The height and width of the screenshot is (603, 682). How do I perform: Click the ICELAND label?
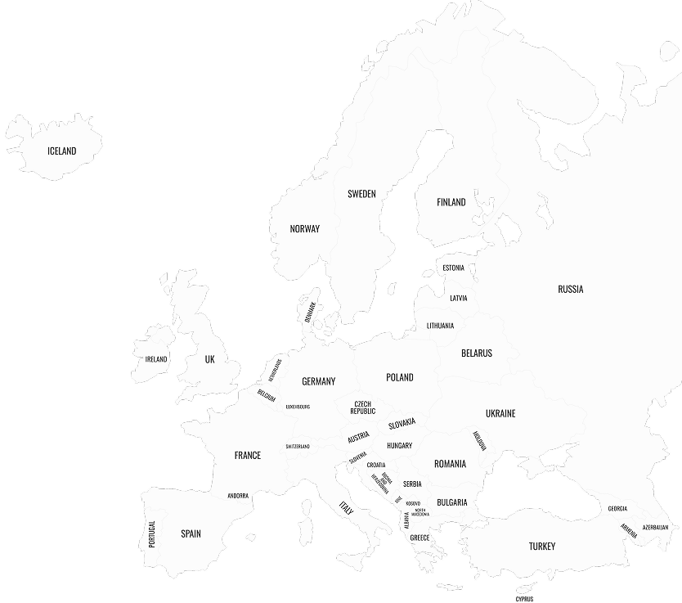click(61, 151)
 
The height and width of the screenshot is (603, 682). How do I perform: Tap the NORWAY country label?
click(305, 229)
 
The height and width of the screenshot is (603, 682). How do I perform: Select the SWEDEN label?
click(361, 194)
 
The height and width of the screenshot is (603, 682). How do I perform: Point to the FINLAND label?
click(451, 202)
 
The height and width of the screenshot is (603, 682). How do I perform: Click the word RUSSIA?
click(571, 289)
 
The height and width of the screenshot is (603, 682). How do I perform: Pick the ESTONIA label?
click(453, 268)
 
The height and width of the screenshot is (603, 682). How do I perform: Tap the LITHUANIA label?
click(440, 326)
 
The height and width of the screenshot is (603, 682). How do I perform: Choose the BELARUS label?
click(477, 353)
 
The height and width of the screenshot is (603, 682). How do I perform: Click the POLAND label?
click(400, 377)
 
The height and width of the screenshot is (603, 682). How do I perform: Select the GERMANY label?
click(318, 381)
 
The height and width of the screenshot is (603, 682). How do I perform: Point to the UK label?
click(209, 359)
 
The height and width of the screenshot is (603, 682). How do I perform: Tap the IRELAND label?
click(156, 359)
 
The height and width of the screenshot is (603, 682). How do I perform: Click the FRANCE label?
click(247, 455)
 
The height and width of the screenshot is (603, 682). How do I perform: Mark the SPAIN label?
click(191, 533)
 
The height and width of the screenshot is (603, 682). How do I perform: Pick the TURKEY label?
click(541, 546)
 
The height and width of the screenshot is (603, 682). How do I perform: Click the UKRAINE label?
click(500, 413)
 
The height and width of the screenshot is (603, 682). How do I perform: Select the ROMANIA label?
click(450, 464)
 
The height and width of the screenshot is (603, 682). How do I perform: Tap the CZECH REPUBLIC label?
click(363, 407)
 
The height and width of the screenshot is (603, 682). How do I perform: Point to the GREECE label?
click(420, 538)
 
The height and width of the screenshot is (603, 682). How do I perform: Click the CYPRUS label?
click(524, 598)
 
